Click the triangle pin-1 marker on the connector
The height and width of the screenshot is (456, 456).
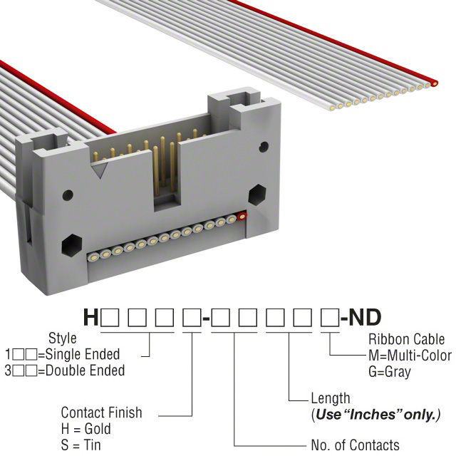(x=100, y=170)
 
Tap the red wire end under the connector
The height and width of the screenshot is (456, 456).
(x=242, y=217)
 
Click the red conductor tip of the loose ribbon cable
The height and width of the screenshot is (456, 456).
(x=434, y=83)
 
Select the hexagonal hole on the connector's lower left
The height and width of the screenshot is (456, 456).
(x=71, y=245)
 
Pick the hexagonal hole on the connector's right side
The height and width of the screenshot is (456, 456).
(x=257, y=195)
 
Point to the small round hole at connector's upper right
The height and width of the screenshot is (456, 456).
(x=264, y=147)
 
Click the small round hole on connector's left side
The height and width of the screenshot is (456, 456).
(x=68, y=195)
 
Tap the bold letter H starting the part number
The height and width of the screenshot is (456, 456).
(x=91, y=318)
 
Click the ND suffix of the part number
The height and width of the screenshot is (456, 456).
(x=365, y=318)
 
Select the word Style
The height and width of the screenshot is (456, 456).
(x=63, y=338)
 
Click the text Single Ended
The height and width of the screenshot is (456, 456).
(x=83, y=355)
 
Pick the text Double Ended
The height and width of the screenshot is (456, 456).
(x=85, y=370)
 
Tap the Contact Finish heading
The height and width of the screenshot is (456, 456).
(x=101, y=413)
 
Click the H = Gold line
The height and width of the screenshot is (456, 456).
(x=86, y=429)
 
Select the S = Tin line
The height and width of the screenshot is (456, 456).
(x=81, y=445)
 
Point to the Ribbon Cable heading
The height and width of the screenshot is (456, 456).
(x=407, y=339)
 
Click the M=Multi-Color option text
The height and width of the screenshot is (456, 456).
(x=410, y=356)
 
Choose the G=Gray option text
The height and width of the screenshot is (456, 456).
(x=390, y=372)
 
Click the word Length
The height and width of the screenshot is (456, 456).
(x=331, y=399)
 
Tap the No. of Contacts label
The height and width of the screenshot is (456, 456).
(x=355, y=445)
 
